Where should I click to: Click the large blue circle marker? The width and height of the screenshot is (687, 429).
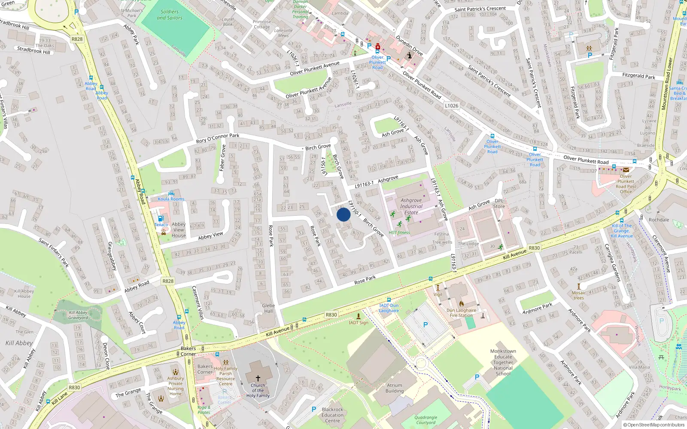(343, 214)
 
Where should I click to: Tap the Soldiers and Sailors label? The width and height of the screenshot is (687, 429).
(170, 15)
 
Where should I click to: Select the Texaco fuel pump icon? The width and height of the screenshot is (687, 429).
(161, 218)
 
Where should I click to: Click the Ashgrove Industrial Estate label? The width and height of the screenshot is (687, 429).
(411, 206)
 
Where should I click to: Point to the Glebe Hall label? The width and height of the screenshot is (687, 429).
(268, 308)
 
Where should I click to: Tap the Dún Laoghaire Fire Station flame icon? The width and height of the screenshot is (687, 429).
(462, 304)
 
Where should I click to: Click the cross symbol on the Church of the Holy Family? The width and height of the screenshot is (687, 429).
(258, 378)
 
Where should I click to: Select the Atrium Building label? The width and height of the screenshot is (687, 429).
(395, 388)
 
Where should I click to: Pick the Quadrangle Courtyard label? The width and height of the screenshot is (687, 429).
(426, 420)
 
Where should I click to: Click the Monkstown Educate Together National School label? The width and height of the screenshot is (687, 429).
(503, 362)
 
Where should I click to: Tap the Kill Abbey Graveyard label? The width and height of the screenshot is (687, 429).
(78, 315)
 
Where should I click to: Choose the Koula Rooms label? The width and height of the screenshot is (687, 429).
(171, 199)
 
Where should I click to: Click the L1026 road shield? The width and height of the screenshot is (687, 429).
(451, 106)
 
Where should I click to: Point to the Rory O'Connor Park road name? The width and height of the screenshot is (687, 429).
(218, 138)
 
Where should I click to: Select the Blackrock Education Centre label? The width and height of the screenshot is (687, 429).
(332, 415)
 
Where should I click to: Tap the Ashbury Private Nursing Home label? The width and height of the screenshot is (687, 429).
(176, 386)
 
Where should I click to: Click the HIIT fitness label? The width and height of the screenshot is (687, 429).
(399, 233)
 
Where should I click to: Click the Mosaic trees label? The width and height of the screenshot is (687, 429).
(579, 295)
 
